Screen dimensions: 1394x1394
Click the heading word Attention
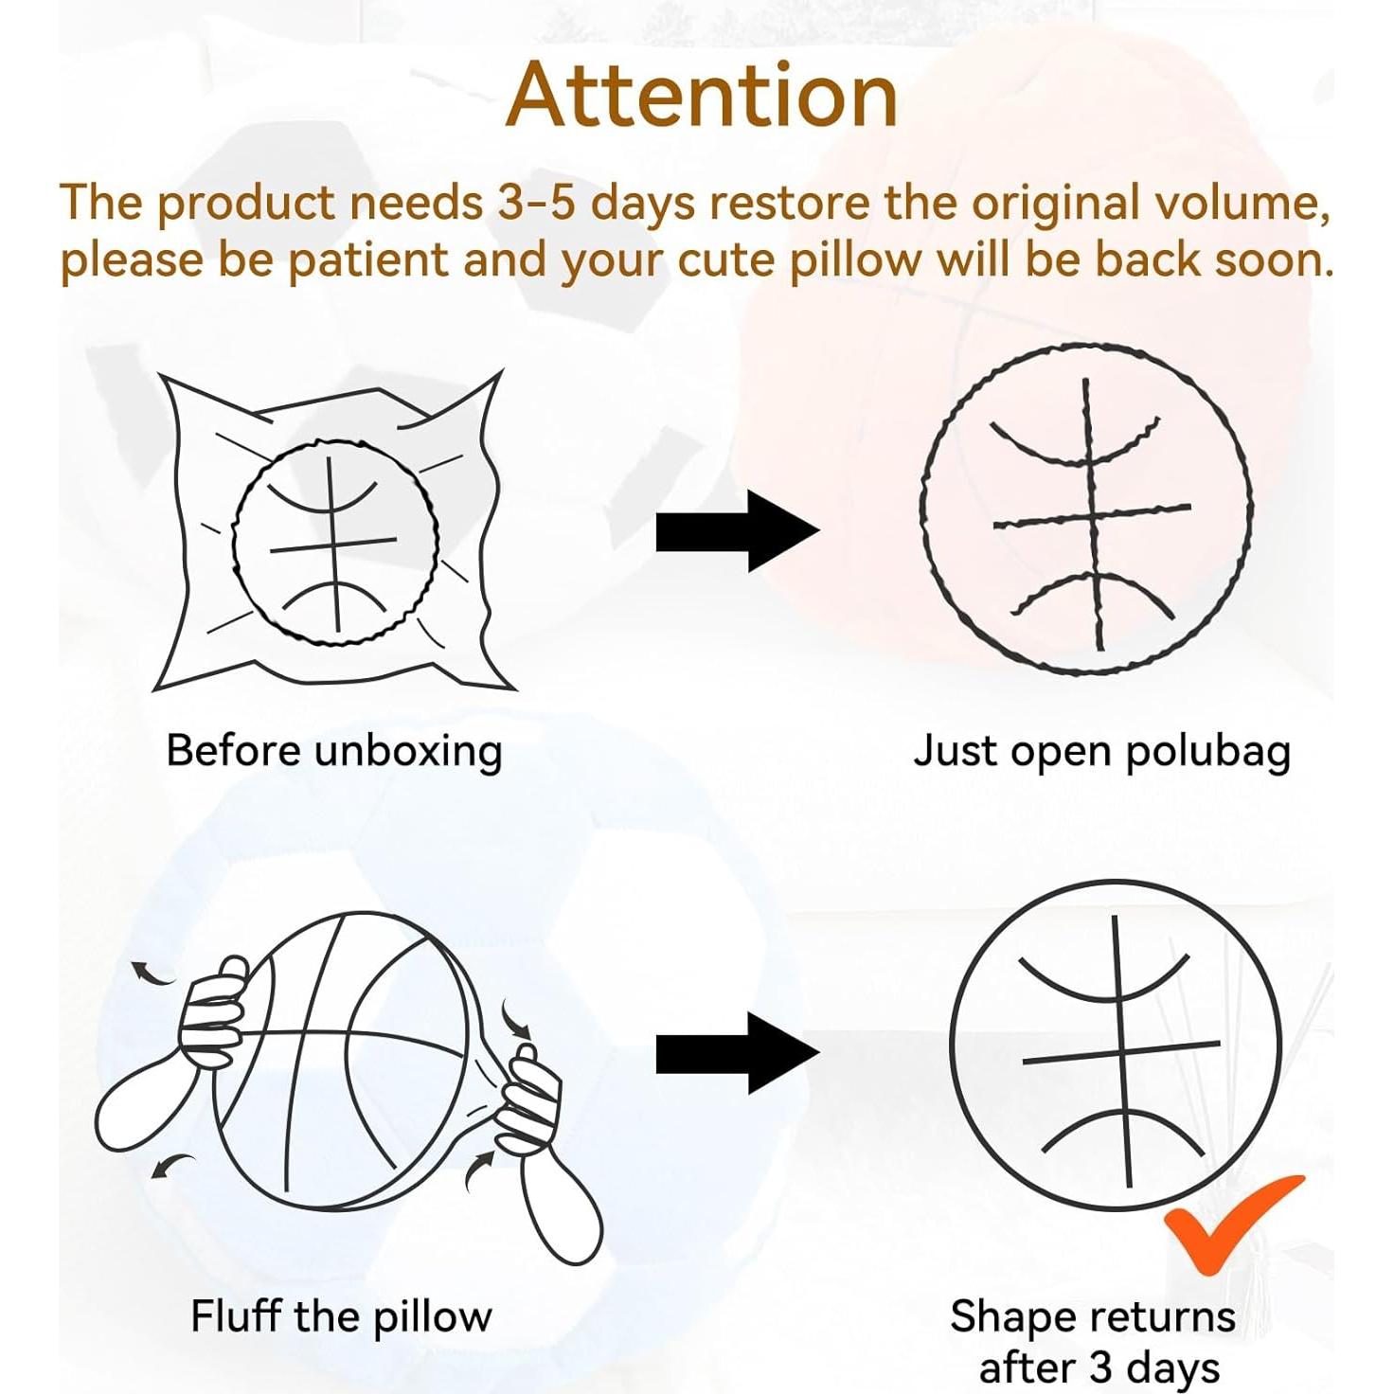click(x=702, y=96)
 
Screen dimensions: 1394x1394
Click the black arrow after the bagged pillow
click(x=736, y=530)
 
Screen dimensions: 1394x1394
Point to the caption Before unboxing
click(x=333, y=751)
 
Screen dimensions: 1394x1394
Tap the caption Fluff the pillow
click(x=341, y=1316)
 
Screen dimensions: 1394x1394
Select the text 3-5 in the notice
click(x=536, y=203)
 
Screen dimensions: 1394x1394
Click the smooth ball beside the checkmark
click(x=1116, y=1045)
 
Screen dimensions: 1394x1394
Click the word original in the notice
click(x=1054, y=203)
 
